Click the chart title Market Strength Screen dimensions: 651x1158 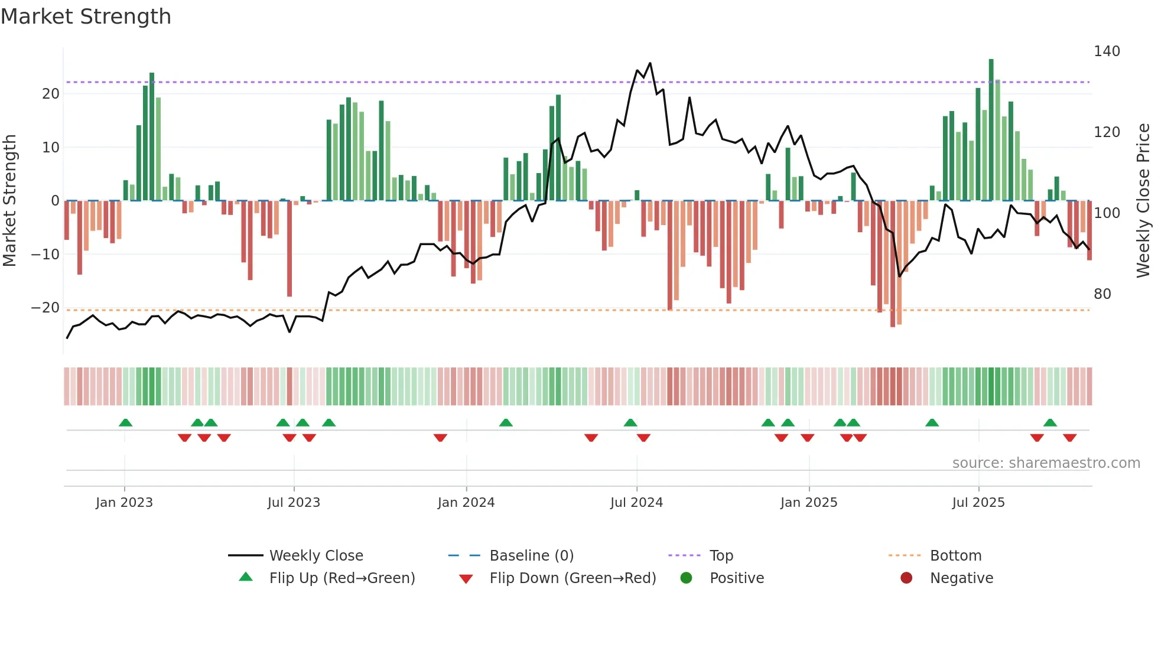coord(86,17)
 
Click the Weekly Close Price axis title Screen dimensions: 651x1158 coord(1143,201)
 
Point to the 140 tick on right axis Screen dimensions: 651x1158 coord(1107,51)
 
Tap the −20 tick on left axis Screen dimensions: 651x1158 coord(45,308)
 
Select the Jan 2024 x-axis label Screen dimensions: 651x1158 coord(466,503)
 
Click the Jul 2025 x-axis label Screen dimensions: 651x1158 coord(978,503)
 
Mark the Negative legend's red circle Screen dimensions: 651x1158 coord(906,578)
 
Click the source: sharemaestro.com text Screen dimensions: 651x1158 coord(1046,463)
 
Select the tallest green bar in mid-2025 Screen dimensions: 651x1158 coord(991,130)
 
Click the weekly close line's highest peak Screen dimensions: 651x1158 coord(650,63)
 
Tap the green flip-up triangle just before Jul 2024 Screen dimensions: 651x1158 coord(630,422)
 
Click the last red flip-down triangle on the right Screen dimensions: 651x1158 coord(1069,438)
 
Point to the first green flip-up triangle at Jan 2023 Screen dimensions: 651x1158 coord(125,422)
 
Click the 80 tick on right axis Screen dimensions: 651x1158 coord(1102,294)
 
